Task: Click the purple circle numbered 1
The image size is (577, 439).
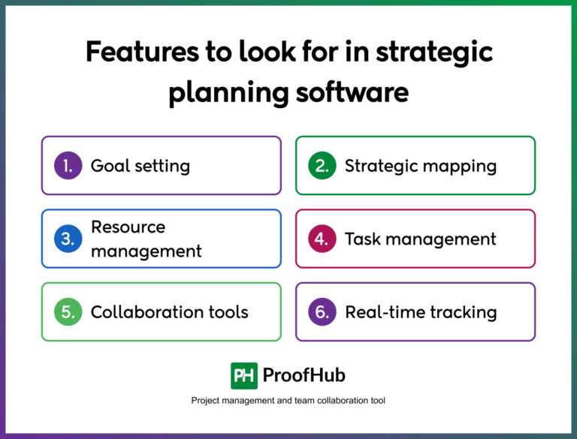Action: pos(68,165)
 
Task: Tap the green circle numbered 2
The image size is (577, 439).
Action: pos(322,165)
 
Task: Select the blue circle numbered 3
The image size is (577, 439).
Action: pos(68,239)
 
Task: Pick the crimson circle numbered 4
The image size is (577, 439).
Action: pos(322,239)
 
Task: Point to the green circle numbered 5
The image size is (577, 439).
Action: pos(68,312)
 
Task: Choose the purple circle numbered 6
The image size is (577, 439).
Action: pos(322,312)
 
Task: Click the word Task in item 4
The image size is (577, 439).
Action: pos(362,239)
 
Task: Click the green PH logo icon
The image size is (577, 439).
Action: pos(244,375)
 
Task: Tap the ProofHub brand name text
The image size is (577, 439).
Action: pos(304,375)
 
